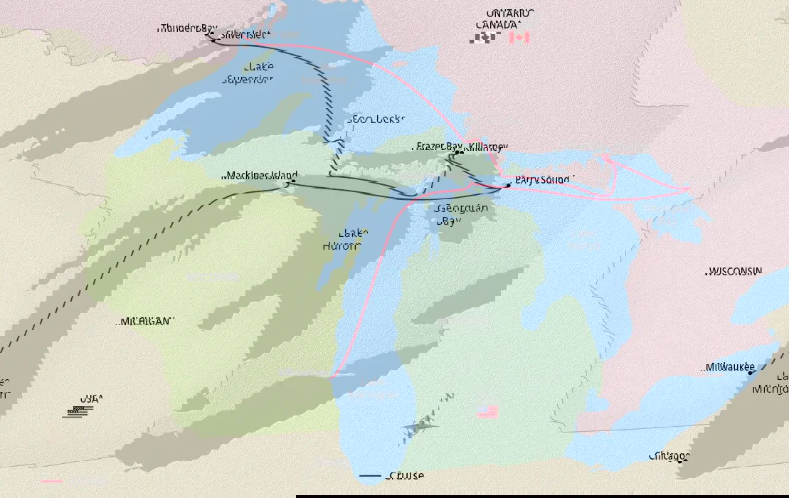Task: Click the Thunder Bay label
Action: [x=188, y=28]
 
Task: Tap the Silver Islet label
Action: [x=245, y=34]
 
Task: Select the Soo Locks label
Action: [x=376, y=119]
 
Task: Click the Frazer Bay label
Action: [x=436, y=147]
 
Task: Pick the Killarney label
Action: [x=487, y=147]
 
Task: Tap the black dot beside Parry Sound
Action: [x=508, y=185]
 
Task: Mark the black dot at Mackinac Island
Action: [x=292, y=181]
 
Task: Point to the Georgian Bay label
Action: [x=462, y=214]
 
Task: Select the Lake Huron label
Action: [x=353, y=239]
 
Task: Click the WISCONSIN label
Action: [x=735, y=272]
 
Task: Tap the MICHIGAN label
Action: [x=145, y=322]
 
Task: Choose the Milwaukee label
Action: [x=730, y=367]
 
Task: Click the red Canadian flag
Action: [x=519, y=38]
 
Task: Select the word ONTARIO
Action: [x=511, y=14]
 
